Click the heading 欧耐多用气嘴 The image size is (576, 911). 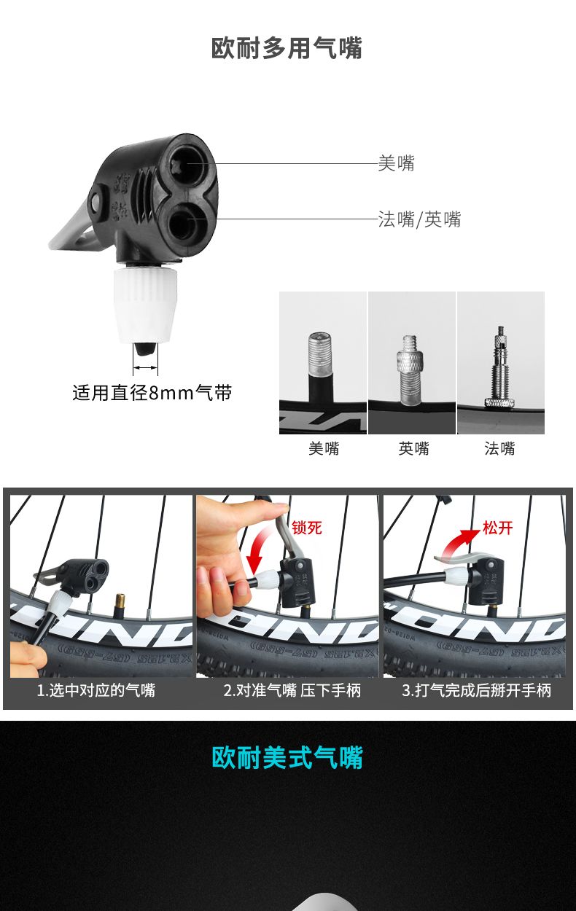pos(287,48)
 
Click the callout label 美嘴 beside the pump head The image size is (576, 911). pos(396,163)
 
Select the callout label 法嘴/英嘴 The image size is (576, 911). pos(419,219)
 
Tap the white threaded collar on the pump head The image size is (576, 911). pos(145,304)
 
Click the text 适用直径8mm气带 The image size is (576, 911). pos(152,393)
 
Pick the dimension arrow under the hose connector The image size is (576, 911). pos(145,367)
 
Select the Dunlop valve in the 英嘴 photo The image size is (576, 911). pos(410,370)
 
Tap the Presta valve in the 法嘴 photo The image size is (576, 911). pos(499,366)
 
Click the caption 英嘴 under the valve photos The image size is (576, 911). pos(413,449)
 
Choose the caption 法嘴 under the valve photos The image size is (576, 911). pos(499,449)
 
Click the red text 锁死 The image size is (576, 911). pos(307,528)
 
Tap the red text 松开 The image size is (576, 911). pos(497,528)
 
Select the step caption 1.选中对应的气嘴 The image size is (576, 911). pos(96,690)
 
